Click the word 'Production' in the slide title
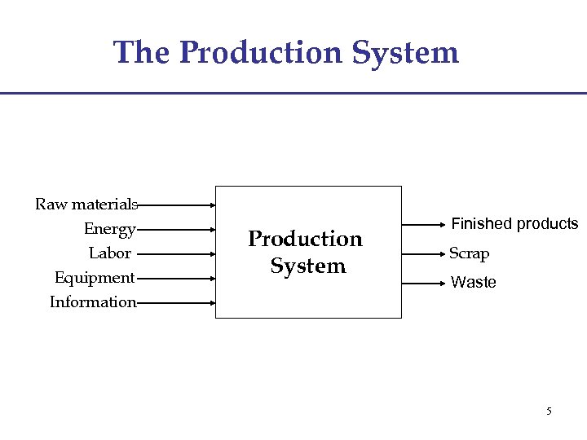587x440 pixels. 260,53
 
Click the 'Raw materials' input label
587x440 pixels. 86,204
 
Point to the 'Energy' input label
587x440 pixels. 109,229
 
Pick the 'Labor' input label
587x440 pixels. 110,253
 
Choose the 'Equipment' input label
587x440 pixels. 95,278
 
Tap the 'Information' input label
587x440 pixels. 93,302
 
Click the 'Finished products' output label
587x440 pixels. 514,224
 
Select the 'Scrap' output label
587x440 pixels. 469,253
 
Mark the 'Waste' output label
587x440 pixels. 473,283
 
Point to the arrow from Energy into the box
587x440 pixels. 176,230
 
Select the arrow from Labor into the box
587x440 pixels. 176,254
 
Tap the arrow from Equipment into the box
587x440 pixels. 176,279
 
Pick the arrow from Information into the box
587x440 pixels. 176,303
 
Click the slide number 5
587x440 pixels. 549,411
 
